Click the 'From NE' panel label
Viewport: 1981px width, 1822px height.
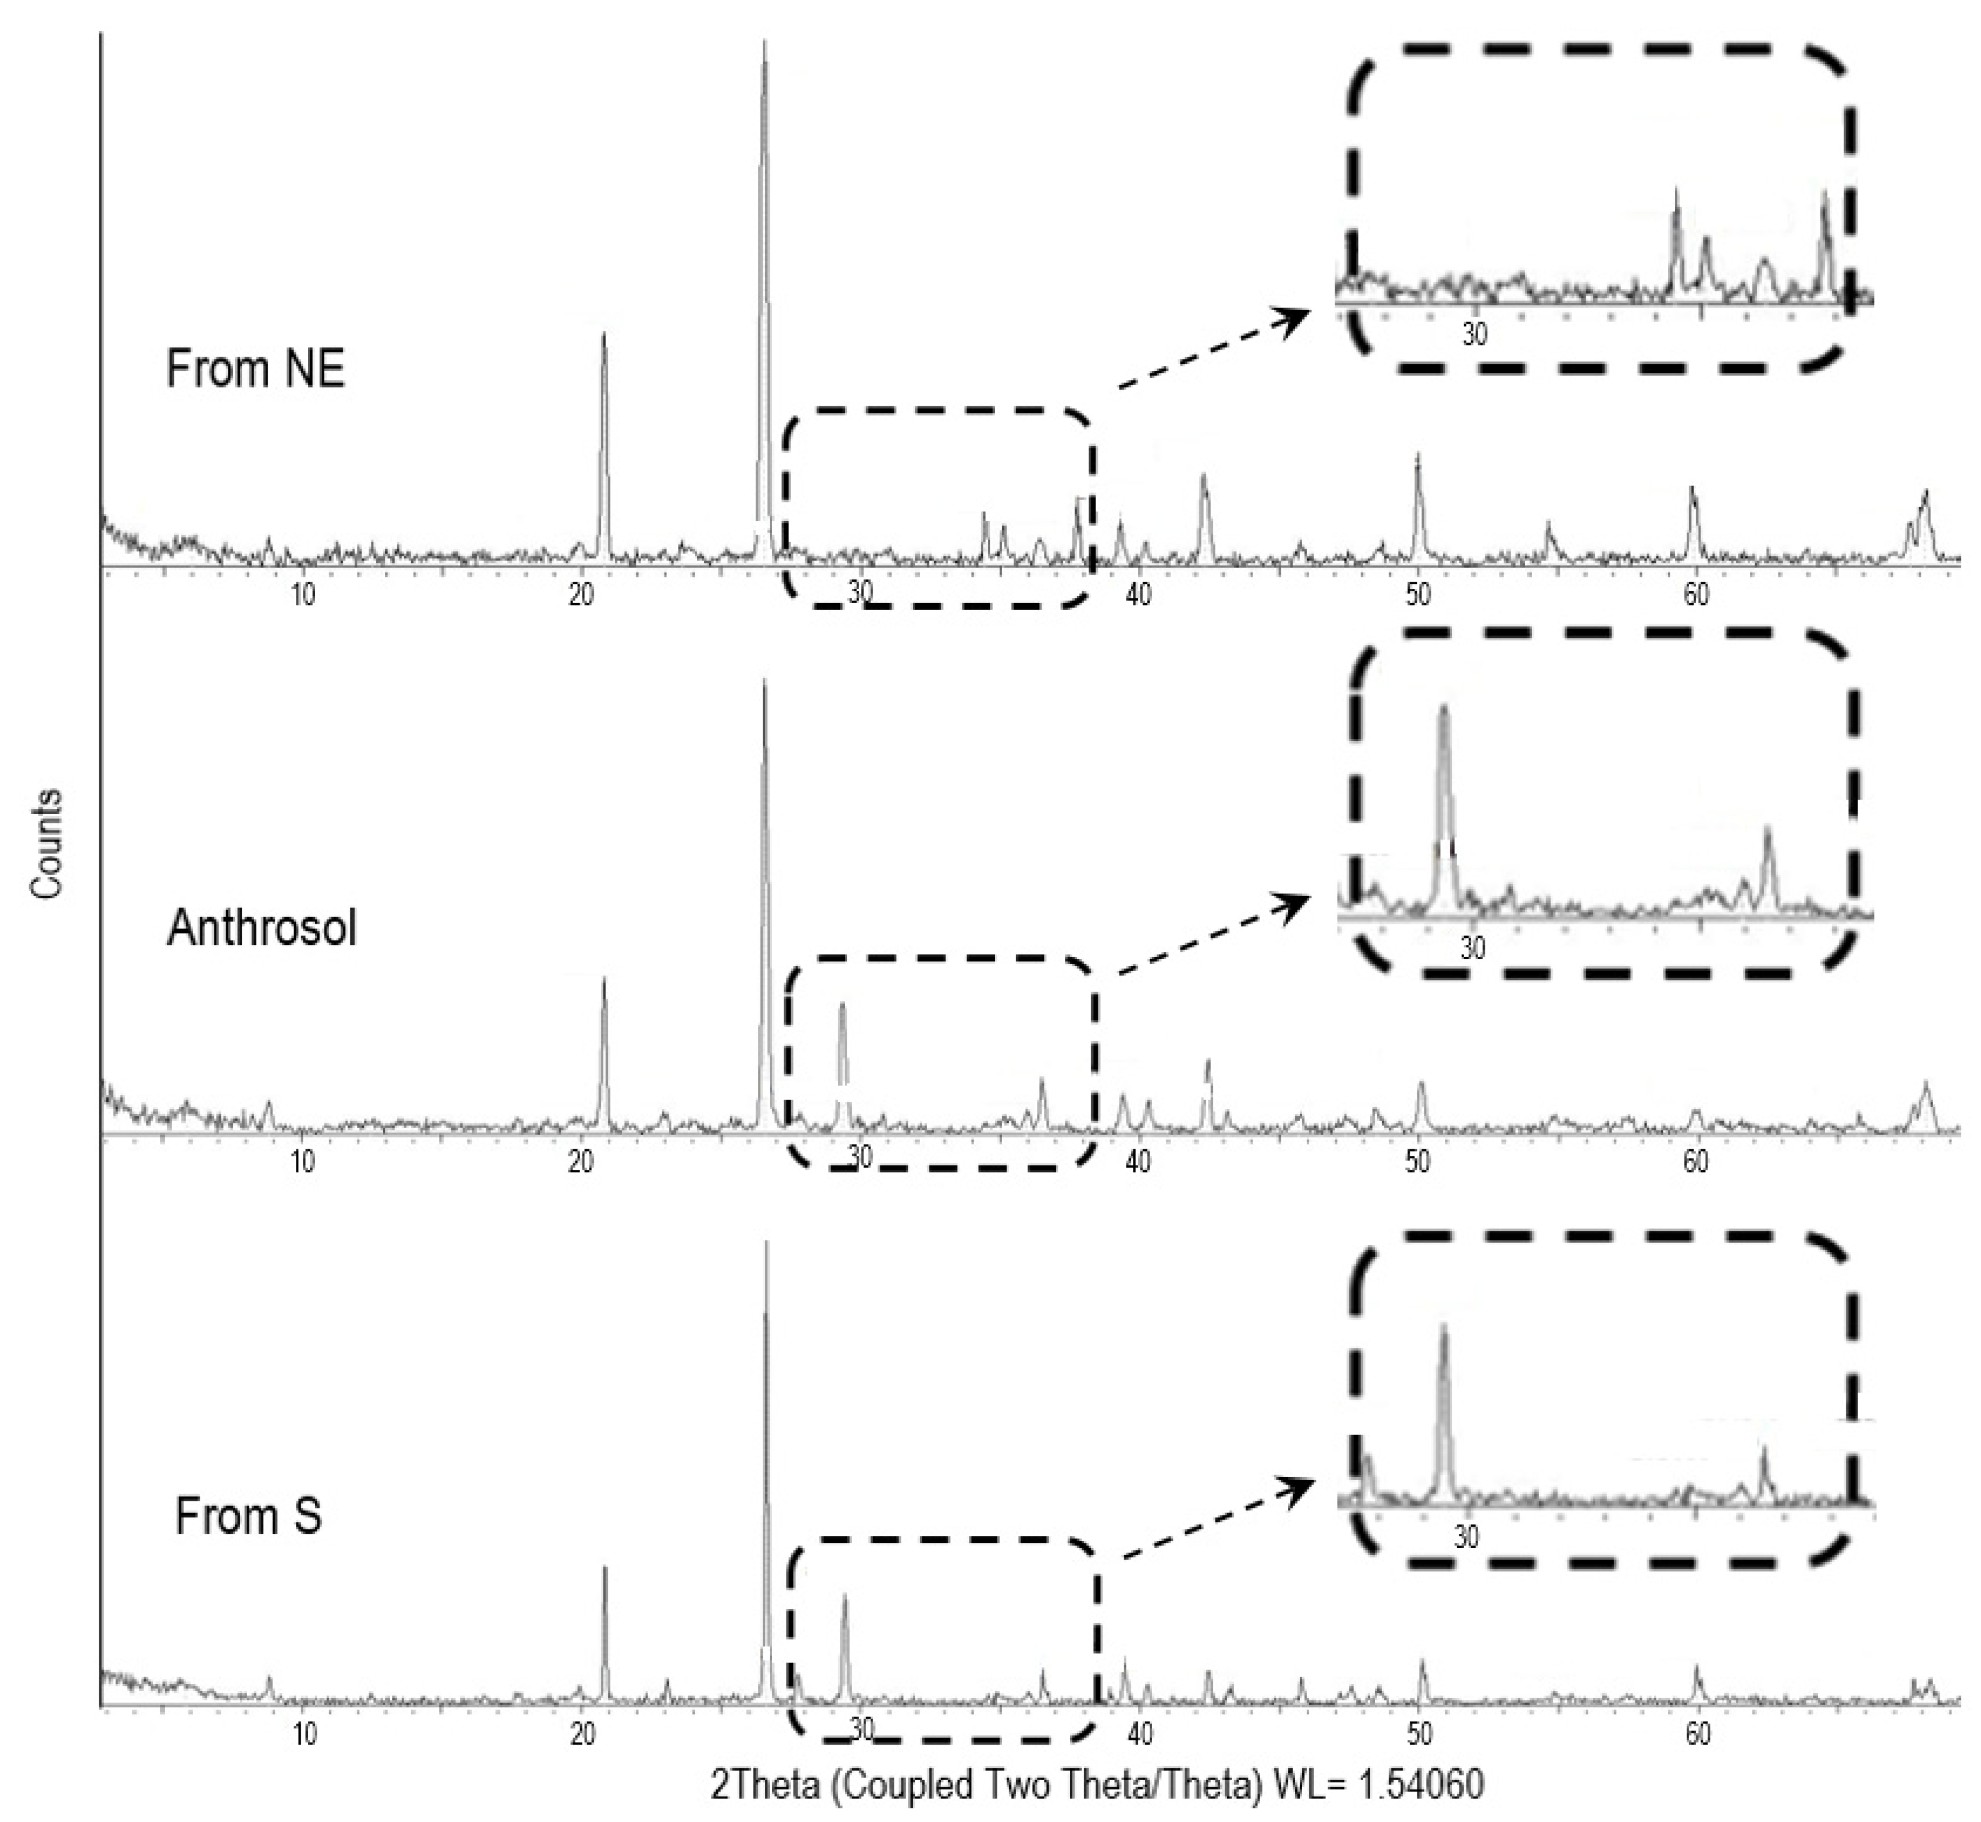[x=255, y=370]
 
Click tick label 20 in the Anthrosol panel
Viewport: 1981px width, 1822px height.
[x=581, y=1162]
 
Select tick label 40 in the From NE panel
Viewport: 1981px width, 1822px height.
[x=1138, y=595]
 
